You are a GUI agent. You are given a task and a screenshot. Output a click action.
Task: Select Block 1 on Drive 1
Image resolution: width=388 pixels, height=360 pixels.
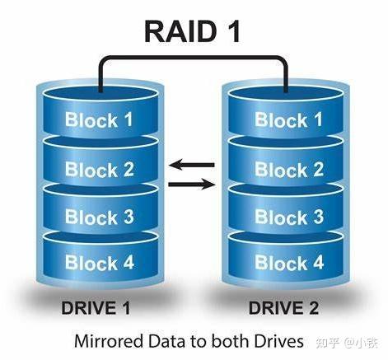pyautogui.click(x=99, y=120)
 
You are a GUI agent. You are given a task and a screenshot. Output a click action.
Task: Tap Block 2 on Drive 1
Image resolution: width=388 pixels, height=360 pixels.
pyautogui.click(x=99, y=171)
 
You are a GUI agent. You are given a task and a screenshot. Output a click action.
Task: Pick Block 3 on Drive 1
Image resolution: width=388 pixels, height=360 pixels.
pyautogui.click(x=99, y=217)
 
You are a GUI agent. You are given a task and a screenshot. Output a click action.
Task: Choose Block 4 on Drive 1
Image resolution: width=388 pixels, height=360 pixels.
pyautogui.click(x=99, y=264)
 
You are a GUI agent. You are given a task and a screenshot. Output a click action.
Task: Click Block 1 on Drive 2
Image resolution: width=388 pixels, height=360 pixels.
pyautogui.click(x=288, y=120)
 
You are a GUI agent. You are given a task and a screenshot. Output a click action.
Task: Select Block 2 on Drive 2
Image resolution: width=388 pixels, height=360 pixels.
pyautogui.click(x=288, y=171)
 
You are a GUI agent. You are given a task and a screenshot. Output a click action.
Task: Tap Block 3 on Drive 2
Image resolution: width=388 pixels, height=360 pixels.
pyautogui.click(x=288, y=217)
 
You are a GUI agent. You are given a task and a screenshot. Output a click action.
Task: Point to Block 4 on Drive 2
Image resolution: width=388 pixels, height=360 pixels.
pyautogui.click(x=288, y=264)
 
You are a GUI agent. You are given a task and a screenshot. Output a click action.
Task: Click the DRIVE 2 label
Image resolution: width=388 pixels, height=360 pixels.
pyautogui.click(x=286, y=310)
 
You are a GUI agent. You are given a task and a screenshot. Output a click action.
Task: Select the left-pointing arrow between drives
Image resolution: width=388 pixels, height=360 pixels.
pyautogui.click(x=191, y=165)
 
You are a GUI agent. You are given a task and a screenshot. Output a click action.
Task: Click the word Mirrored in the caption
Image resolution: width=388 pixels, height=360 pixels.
pyautogui.click(x=107, y=339)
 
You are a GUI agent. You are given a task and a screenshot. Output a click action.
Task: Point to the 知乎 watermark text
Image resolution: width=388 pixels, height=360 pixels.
pyautogui.click(x=328, y=341)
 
